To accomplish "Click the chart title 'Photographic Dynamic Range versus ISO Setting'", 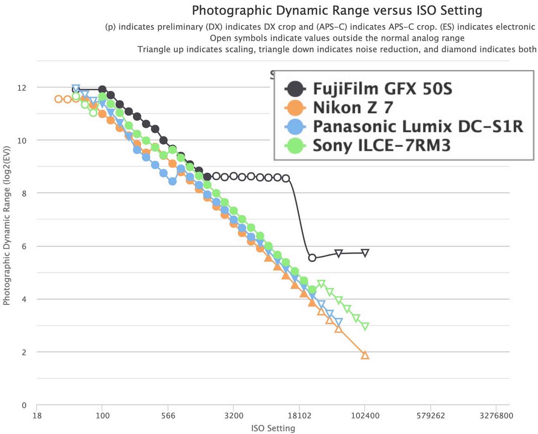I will pos(337,11).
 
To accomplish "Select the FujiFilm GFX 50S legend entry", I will pos(382,89).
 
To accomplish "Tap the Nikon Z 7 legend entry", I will pos(353,108).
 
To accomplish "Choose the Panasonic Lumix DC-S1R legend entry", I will pos(418,127).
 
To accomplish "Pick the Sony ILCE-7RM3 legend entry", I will pos(381,145).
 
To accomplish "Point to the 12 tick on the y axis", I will pos(22,88).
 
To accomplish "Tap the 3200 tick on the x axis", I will pos(233,416).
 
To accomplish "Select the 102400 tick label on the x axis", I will pos(365,416).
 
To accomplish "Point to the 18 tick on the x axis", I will pos(37,416).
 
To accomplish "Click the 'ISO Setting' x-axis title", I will pos(273,428).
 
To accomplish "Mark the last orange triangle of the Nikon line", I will pos(365,355).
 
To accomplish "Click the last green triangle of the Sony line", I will pos(365,326).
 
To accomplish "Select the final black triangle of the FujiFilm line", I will pos(365,253).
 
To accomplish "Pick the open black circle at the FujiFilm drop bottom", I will pos(312,258).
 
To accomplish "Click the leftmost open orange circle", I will pos(58,99).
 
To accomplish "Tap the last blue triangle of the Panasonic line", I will pos(338,322).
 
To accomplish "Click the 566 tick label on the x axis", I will pos(168,416).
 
